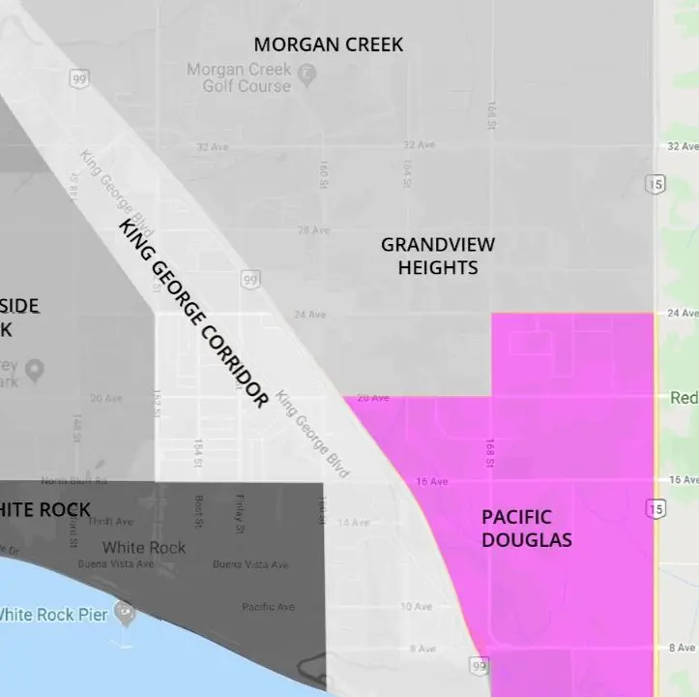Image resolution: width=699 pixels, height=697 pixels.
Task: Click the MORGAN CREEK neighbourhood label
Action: (x=328, y=45)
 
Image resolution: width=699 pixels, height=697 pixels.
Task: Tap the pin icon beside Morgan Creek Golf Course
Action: (x=306, y=73)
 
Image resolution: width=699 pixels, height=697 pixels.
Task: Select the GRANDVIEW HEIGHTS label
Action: (x=437, y=256)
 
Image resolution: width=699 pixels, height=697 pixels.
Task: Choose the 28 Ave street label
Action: (x=314, y=230)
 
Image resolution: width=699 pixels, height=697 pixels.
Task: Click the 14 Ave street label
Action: (x=353, y=523)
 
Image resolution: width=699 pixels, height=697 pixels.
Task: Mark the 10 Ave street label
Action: (x=416, y=607)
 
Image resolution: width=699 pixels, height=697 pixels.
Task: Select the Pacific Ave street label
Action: (x=268, y=607)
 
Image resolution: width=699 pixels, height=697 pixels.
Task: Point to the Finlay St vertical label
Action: (x=239, y=514)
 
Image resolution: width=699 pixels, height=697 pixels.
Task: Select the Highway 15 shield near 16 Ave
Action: (x=657, y=508)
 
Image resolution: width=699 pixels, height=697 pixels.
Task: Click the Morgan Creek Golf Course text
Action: (x=238, y=77)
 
